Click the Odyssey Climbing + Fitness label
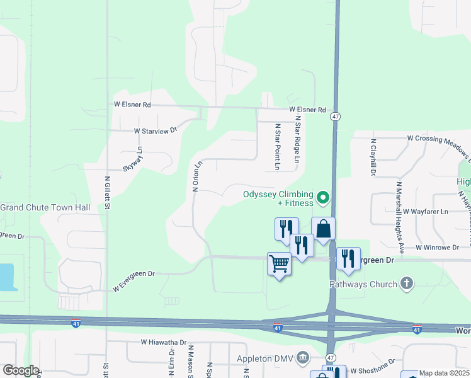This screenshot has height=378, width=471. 278,198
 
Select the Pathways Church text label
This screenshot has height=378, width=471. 363,284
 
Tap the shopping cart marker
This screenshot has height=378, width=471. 279,263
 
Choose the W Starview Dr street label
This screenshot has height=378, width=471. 156,131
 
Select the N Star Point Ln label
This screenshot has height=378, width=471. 276,147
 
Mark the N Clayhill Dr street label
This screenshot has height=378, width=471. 373,157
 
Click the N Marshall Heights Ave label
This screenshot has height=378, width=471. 399,211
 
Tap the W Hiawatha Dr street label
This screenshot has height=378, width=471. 164,343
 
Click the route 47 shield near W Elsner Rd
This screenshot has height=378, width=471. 336,116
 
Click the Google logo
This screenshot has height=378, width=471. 21,370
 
